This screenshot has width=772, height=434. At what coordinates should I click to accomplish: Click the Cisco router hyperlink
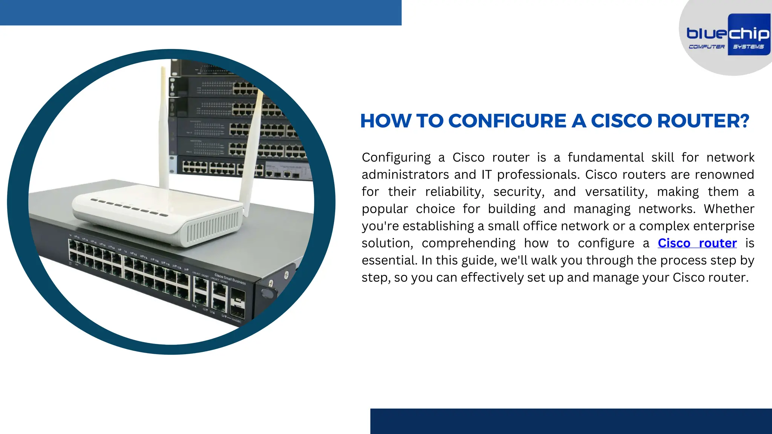[697, 243]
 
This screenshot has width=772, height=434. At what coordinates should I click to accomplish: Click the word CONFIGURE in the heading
[507, 121]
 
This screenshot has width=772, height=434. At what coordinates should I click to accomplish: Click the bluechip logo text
[728, 34]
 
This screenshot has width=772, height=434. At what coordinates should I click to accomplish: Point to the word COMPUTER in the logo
[706, 47]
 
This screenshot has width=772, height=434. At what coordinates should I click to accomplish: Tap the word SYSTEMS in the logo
[748, 47]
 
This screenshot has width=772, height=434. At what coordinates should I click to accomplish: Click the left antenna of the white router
[164, 128]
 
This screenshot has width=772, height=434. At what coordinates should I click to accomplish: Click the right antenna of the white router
[252, 151]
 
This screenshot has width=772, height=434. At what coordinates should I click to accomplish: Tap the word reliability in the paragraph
[454, 192]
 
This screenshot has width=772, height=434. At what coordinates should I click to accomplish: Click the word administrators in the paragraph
[405, 175]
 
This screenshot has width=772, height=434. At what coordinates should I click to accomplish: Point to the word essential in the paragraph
[389, 260]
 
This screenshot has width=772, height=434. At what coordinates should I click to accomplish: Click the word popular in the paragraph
[384, 209]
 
